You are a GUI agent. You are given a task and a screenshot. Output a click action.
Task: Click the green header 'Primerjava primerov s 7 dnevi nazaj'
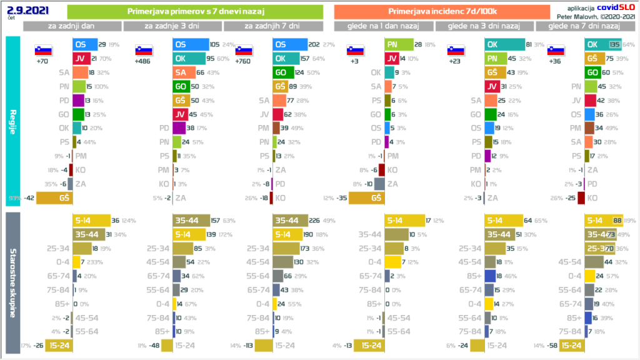(194, 11)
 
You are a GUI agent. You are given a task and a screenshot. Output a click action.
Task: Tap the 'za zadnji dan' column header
(72, 26)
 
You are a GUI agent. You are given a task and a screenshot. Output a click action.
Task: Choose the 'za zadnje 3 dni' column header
(172, 26)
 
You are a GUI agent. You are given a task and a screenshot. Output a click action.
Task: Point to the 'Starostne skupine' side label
(13, 282)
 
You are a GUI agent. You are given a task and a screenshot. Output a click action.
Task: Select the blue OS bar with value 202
(291, 44)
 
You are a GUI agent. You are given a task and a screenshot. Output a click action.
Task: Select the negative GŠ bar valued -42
(54, 198)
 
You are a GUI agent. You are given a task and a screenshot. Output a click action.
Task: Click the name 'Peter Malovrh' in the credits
(581, 13)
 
